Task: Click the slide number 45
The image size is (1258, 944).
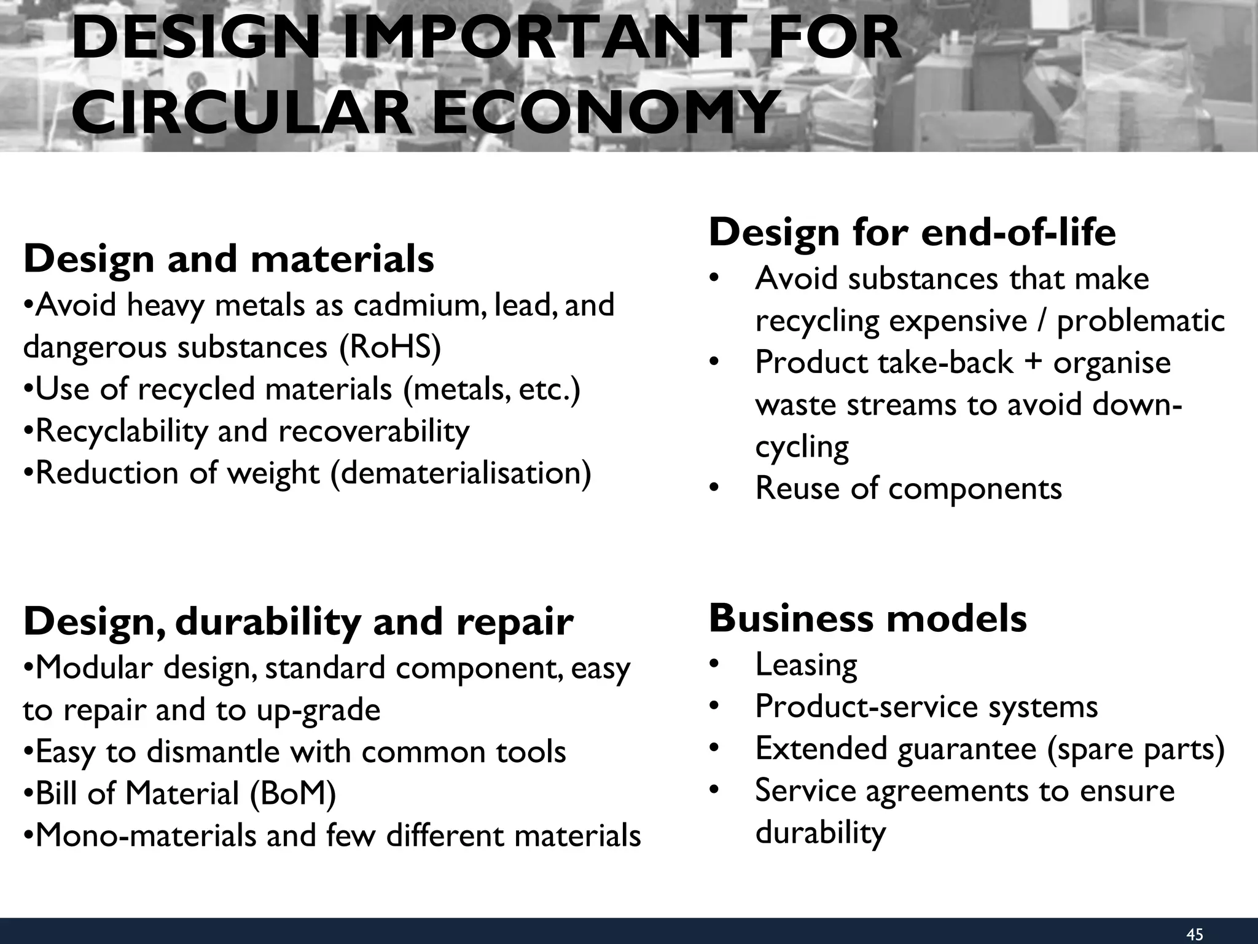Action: click(x=1195, y=935)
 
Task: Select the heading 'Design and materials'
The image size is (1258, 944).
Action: click(x=229, y=259)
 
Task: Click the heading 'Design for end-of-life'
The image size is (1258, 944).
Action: click(x=912, y=233)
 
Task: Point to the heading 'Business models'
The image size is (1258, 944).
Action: click(x=867, y=618)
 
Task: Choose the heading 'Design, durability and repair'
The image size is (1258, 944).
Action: click(x=298, y=621)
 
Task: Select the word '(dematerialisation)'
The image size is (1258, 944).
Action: click(x=461, y=473)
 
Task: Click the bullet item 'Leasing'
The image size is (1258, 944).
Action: click(x=806, y=665)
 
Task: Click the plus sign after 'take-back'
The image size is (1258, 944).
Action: click(x=1033, y=362)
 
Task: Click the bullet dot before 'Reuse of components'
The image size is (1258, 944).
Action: click(x=713, y=489)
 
